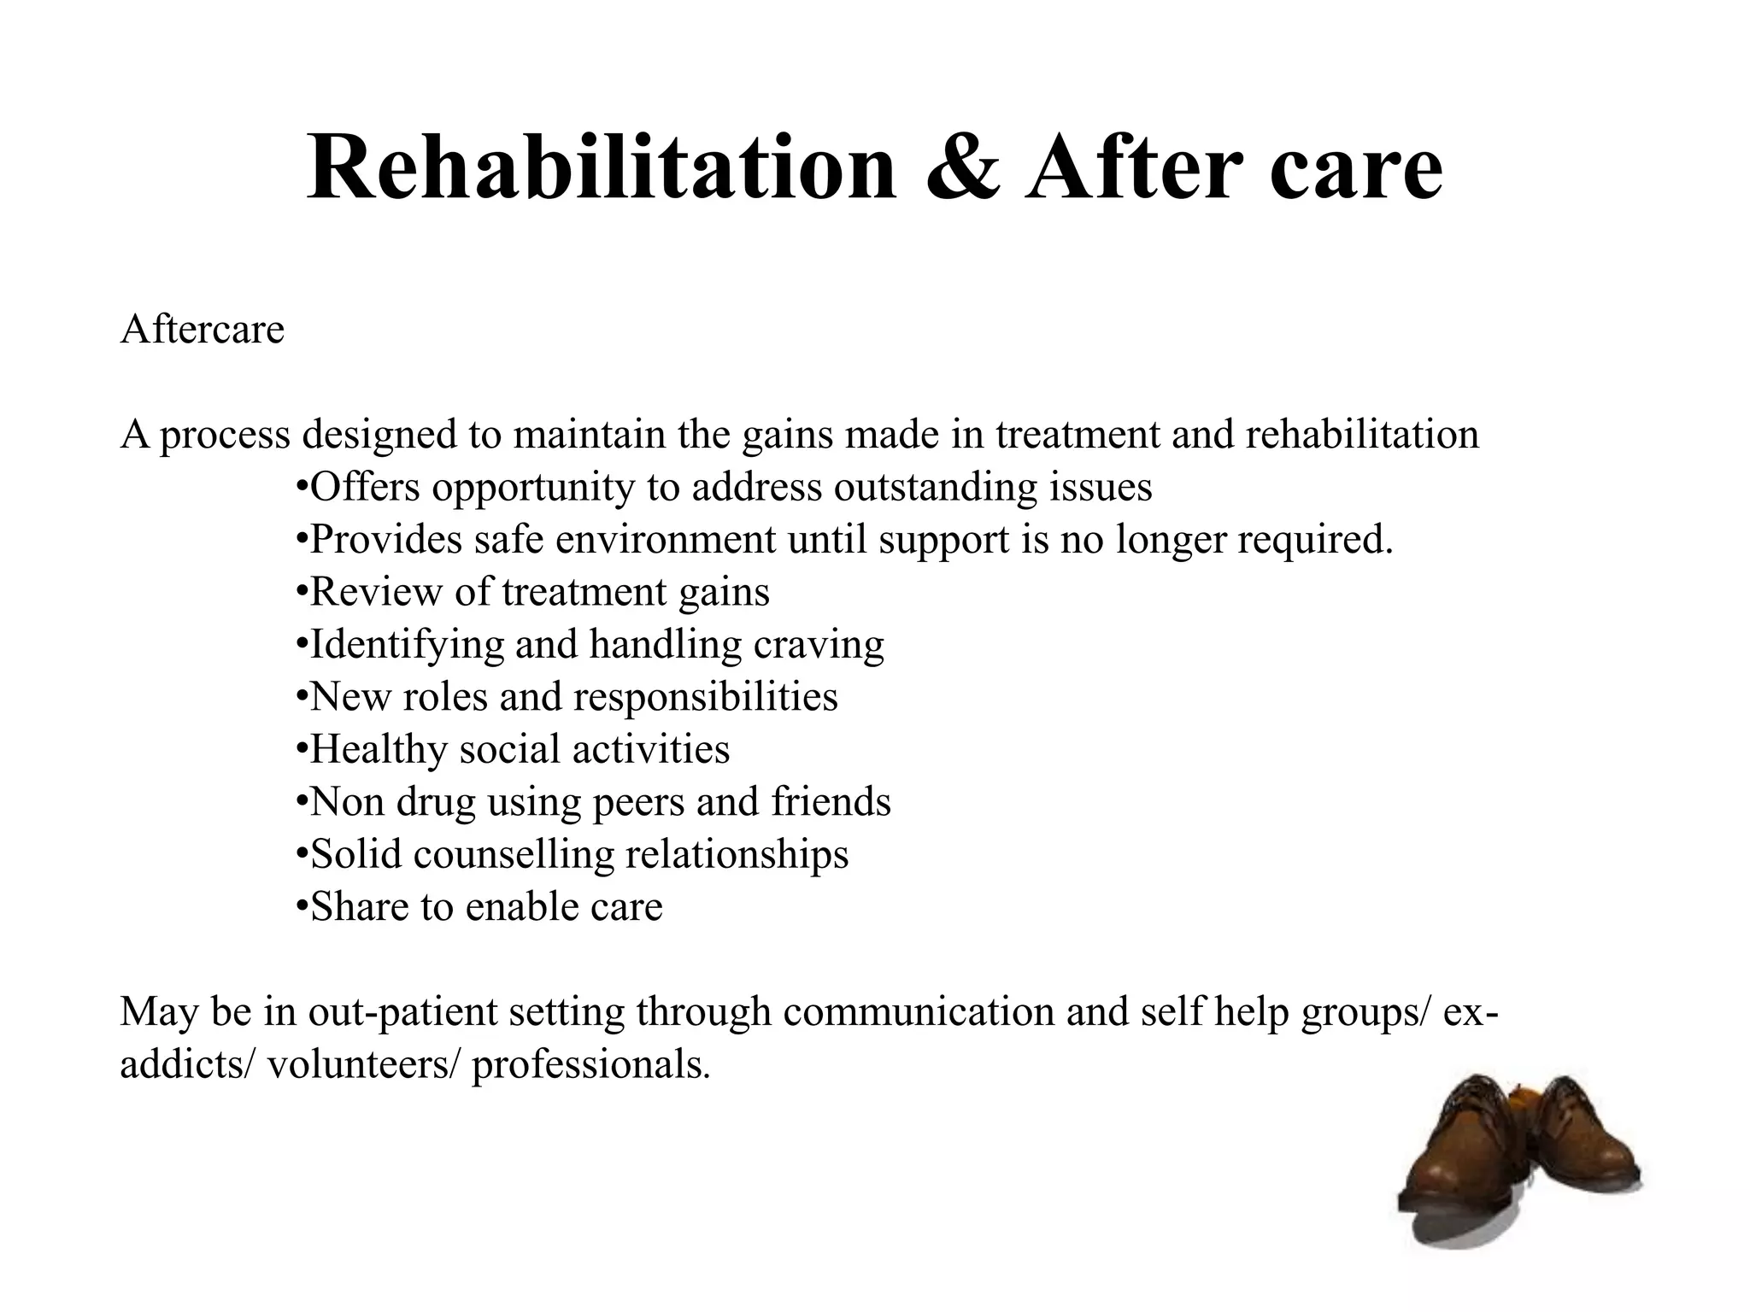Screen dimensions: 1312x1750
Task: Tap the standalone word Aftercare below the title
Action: (x=203, y=329)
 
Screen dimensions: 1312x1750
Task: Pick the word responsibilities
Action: (x=706, y=697)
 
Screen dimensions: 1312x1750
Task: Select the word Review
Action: (x=376, y=593)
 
